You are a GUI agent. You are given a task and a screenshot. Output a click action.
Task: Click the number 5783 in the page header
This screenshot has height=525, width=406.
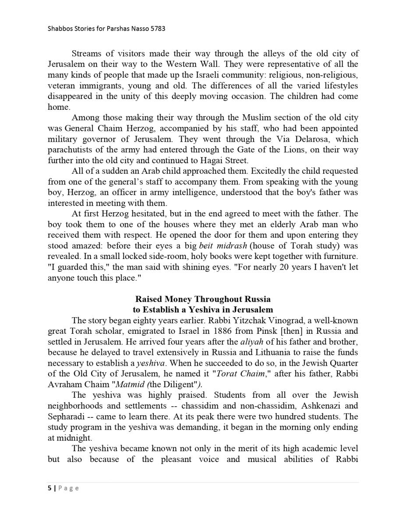point(157,29)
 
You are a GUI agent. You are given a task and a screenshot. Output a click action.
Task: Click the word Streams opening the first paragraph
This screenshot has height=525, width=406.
point(87,54)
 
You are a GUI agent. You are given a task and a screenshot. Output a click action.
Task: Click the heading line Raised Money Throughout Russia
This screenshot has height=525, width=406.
point(203,299)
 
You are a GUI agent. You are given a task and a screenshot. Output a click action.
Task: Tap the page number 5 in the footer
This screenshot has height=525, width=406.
point(49,489)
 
